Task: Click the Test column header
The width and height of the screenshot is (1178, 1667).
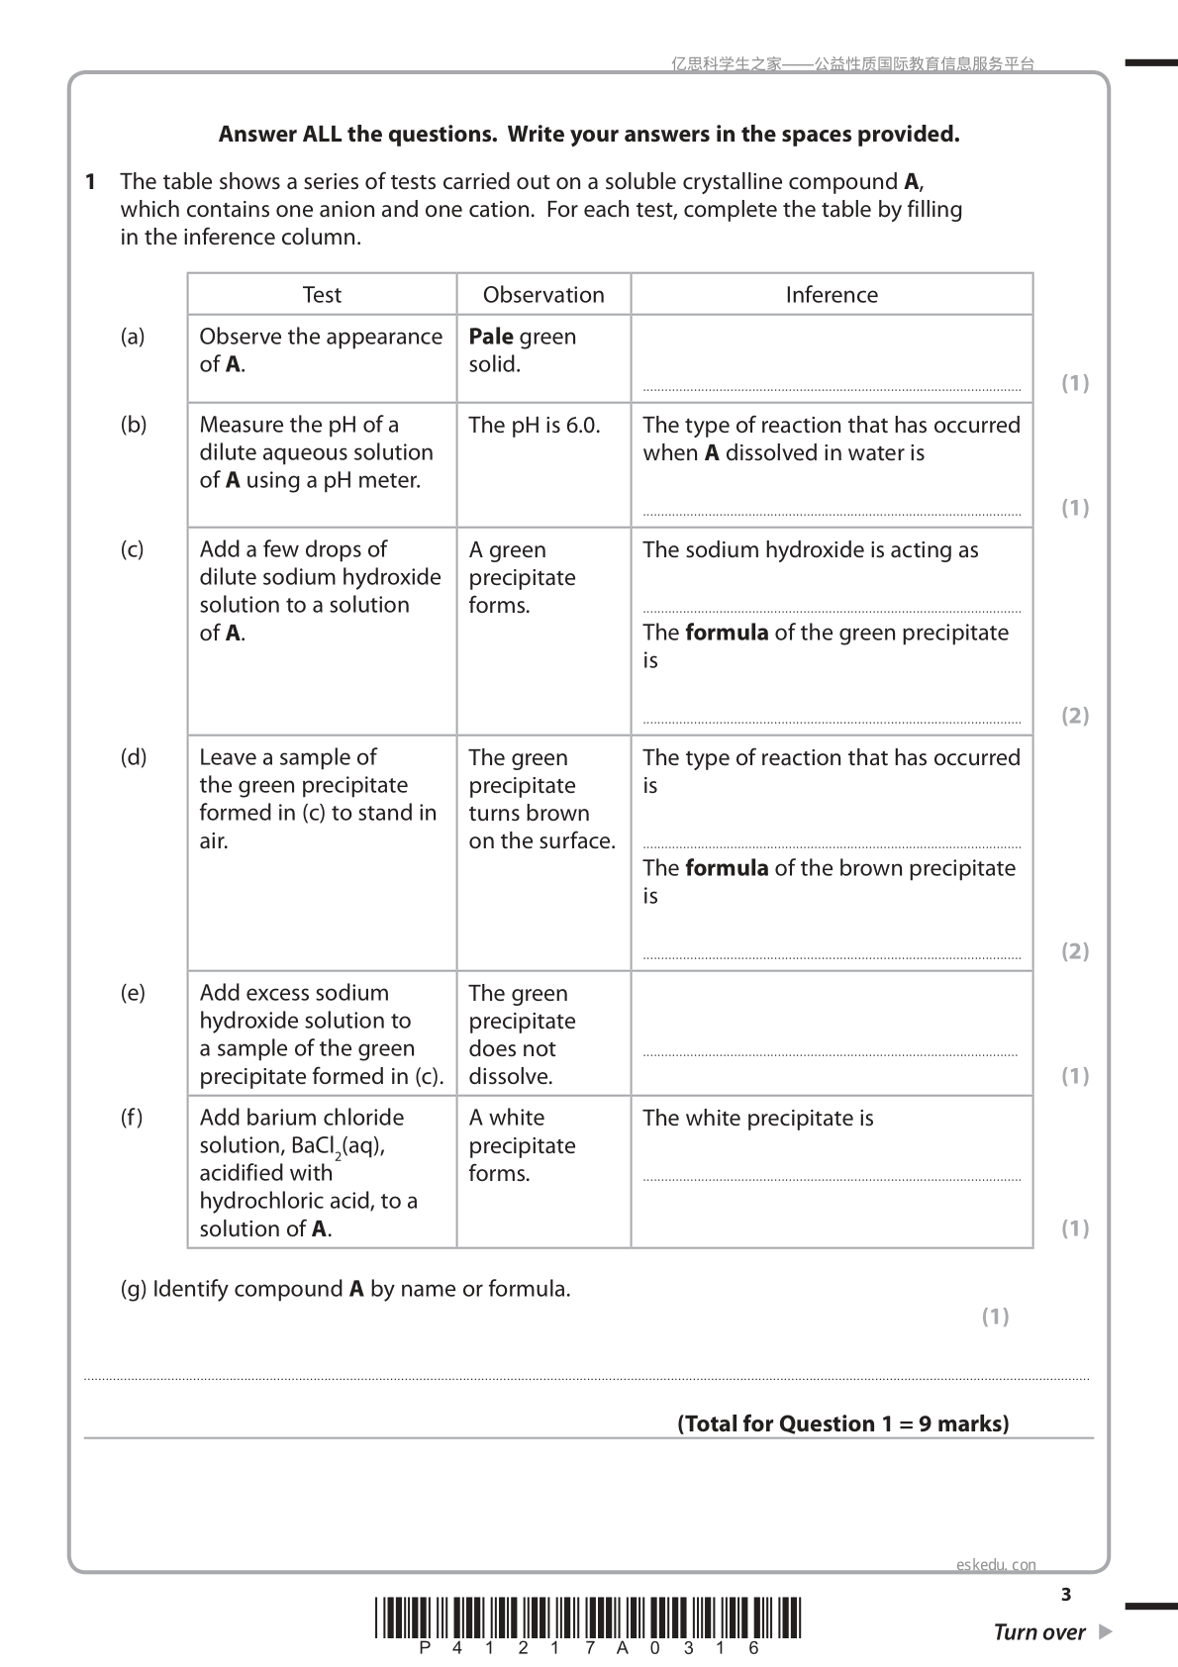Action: (x=322, y=295)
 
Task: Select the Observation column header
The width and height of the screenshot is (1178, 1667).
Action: (x=543, y=295)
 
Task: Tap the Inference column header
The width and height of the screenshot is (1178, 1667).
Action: (x=832, y=295)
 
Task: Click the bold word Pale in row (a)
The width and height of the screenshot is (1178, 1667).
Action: (x=491, y=337)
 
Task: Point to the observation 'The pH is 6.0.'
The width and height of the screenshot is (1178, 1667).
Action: (x=535, y=425)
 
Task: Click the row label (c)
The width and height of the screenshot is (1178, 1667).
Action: (x=132, y=549)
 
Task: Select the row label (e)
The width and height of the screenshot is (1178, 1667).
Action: (x=132, y=993)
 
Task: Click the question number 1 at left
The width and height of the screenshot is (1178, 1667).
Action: (x=90, y=182)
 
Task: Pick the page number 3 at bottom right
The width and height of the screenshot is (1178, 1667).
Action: (x=1066, y=1595)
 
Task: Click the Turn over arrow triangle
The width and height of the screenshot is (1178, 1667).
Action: (x=1106, y=1632)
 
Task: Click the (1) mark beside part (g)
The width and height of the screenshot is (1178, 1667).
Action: (x=995, y=1317)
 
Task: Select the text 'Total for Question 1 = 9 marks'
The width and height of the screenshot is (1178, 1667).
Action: (x=843, y=1424)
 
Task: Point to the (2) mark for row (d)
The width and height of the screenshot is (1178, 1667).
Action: (x=1075, y=951)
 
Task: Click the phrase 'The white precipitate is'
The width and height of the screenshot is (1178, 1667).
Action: (x=758, y=1119)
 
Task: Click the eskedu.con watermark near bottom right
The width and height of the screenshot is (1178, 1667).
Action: (x=996, y=1565)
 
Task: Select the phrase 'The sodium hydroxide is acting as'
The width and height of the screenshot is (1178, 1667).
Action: (x=811, y=550)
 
